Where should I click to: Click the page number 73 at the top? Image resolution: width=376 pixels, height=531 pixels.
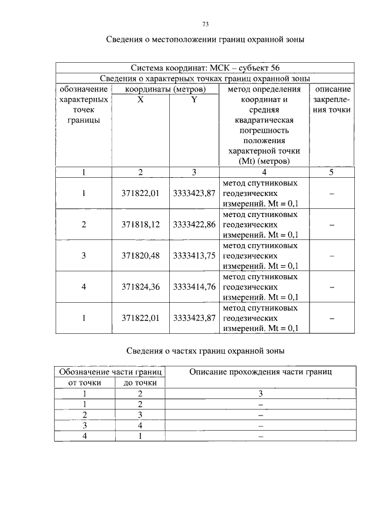pos(206,24)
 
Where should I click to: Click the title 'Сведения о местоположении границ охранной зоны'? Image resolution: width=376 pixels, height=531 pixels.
pos(205,40)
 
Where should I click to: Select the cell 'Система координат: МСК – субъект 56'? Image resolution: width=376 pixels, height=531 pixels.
pos(205,67)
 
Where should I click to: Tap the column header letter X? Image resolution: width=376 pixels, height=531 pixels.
pos(140,100)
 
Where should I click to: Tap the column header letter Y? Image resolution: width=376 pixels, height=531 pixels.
pos(194,100)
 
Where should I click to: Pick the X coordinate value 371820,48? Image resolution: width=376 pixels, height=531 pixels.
pos(140,256)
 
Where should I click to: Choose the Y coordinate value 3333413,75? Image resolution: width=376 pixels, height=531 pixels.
pos(194,256)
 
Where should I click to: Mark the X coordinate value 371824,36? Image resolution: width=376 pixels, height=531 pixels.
pos(140,287)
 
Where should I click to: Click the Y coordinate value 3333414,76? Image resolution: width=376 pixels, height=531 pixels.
pos(194,287)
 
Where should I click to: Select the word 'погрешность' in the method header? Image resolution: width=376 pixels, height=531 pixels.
pos(264,130)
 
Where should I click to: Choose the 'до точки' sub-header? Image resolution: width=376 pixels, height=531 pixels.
pos(140,383)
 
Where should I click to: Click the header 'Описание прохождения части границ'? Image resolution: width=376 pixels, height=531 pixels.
pos(260,372)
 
